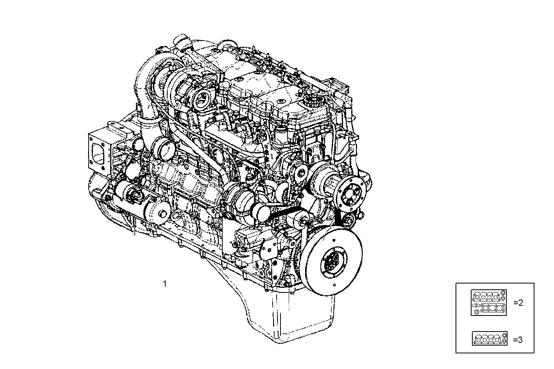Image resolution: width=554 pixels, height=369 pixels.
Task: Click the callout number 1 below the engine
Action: click(165, 283)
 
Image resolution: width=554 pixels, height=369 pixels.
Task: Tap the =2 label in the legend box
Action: click(518, 303)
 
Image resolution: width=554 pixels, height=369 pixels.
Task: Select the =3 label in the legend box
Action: click(518, 340)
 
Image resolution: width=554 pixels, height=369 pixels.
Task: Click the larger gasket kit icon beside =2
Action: click(489, 302)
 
